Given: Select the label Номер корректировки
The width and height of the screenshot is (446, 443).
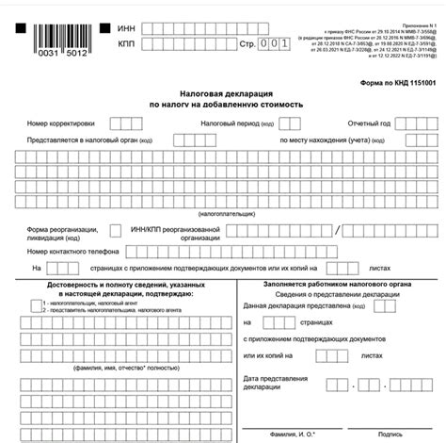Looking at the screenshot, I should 62,123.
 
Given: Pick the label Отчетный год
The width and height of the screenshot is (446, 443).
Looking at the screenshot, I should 342,123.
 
